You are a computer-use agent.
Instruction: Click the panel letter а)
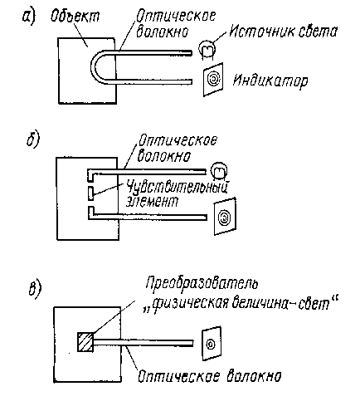tap(29, 17)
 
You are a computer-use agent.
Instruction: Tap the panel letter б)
tap(33, 139)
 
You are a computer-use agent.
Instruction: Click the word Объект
tap(75, 16)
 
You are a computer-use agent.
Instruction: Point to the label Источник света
tap(283, 32)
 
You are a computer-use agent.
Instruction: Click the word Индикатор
tap(270, 81)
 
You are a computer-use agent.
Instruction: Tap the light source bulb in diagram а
tap(207, 50)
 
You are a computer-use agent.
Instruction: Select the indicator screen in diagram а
tap(213, 80)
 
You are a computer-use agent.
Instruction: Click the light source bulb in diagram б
tap(219, 171)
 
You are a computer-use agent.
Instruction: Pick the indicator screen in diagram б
tap(225, 217)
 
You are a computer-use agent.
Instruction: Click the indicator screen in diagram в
tap(212, 344)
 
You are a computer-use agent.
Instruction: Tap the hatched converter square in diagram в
tap(85, 342)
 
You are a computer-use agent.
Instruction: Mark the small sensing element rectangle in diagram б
tap(90, 193)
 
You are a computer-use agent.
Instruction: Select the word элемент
tap(152, 202)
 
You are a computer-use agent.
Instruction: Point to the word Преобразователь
tap(202, 283)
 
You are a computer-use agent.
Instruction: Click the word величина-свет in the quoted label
tap(280, 304)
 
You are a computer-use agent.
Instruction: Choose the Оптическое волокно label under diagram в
tap(209, 376)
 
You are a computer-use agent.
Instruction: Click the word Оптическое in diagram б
tap(178, 141)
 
